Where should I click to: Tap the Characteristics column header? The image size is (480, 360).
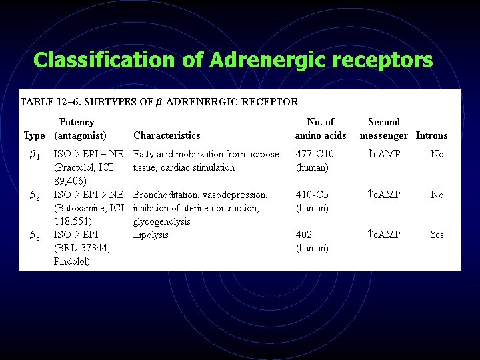[x=167, y=135]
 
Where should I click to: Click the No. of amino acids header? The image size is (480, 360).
[x=321, y=129]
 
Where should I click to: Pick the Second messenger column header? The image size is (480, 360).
[x=384, y=129]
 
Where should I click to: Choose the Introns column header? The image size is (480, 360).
[x=431, y=135]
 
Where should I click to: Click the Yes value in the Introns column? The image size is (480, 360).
[x=437, y=235]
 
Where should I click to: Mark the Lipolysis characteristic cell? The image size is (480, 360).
[x=151, y=235]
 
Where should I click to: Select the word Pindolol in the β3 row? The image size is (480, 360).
[x=71, y=261]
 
